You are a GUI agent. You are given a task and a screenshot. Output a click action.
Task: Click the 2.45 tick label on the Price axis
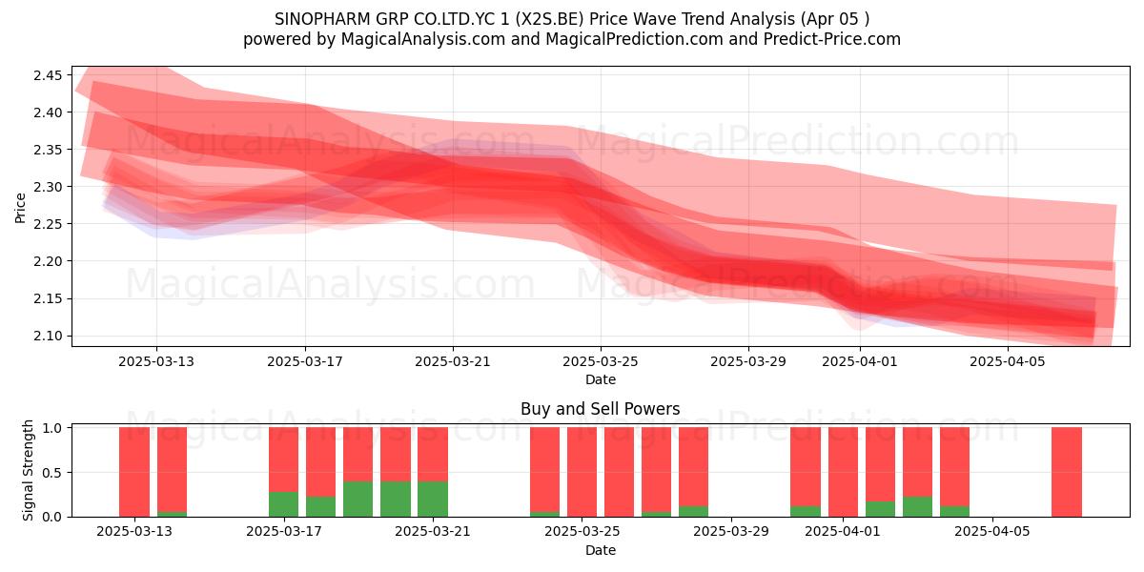[x=48, y=75]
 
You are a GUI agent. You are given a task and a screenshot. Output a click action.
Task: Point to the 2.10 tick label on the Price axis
[x=48, y=336]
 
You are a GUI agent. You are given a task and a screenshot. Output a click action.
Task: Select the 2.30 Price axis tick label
[x=48, y=187]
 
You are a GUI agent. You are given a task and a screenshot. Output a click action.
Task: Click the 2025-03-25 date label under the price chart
[x=601, y=361]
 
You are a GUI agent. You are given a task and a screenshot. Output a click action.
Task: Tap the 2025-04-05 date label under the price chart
[x=1008, y=361]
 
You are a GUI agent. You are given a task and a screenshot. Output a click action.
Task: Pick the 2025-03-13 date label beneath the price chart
[x=156, y=361]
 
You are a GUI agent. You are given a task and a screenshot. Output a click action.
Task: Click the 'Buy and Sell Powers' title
[x=600, y=409]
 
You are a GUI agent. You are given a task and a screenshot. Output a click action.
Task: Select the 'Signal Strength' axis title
[x=28, y=470]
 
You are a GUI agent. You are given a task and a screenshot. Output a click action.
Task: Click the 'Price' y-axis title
[x=20, y=208]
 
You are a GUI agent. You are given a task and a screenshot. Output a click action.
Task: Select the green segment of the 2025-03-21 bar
[x=433, y=499]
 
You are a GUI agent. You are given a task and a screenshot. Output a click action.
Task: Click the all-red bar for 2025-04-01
[x=843, y=472]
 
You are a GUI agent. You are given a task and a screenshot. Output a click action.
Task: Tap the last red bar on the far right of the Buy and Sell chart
[x=1067, y=472]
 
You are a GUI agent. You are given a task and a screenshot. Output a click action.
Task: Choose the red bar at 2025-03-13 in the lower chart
[x=134, y=472]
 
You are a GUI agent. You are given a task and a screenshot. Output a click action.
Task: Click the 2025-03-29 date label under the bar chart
[x=731, y=532]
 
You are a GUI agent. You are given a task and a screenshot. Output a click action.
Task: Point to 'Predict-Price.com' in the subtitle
[x=832, y=39]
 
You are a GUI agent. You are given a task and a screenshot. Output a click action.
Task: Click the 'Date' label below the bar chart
[x=600, y=550]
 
